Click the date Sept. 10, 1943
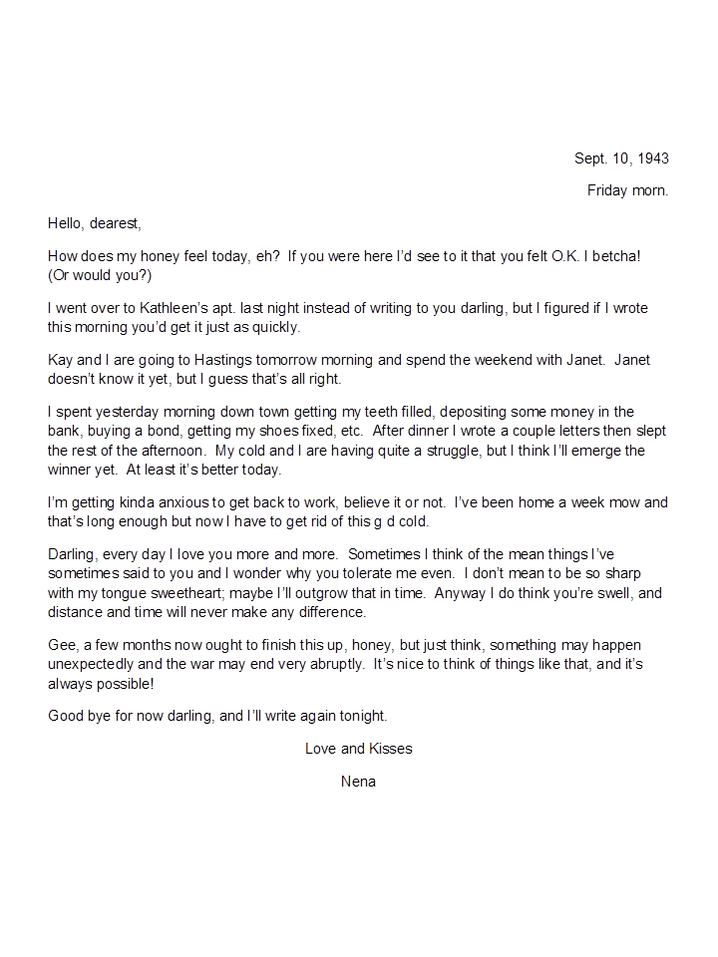tap(621, 159)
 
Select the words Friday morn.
tap(627, 190)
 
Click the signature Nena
tap(358, 781)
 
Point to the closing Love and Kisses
tap(358, 749)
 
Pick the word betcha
tap(616, 256)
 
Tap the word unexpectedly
tap(95, 665)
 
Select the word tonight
tap(359, 716)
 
